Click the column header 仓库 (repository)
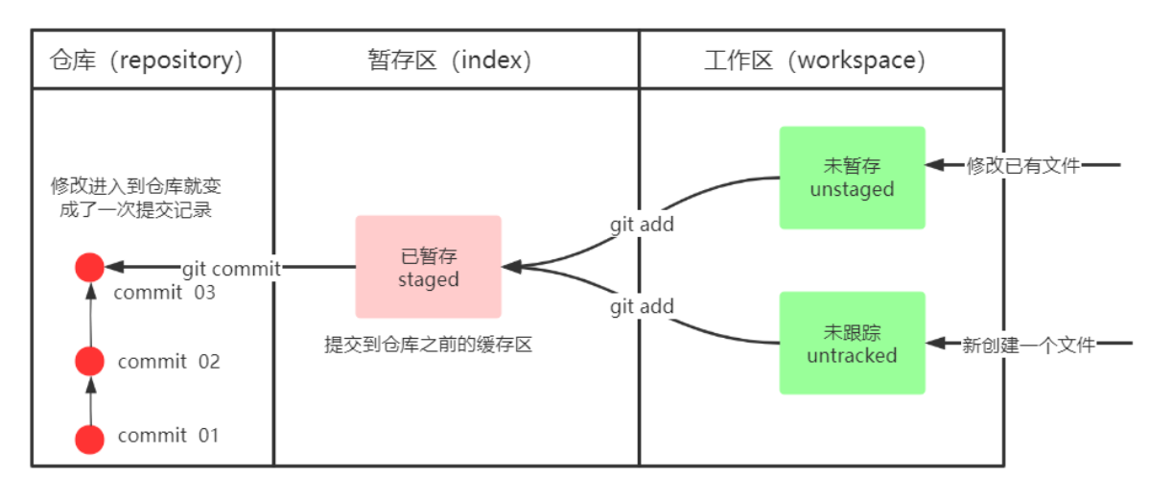coord(147,60)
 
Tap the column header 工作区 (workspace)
coord(814,60)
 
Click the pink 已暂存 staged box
coord(428,267)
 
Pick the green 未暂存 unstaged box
coord(852,178)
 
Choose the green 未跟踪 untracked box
coord(852,344)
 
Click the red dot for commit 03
coord(89,268)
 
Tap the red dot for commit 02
coord(89,361)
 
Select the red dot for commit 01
coord(89,439)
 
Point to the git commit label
coord(231,269)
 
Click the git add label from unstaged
coord(642,225)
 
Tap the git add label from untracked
coord(642,307)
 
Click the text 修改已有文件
coord(1022,166)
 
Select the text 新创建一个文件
coord(1028,345)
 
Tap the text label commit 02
coord(168,362)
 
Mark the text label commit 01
coord(168,436)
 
